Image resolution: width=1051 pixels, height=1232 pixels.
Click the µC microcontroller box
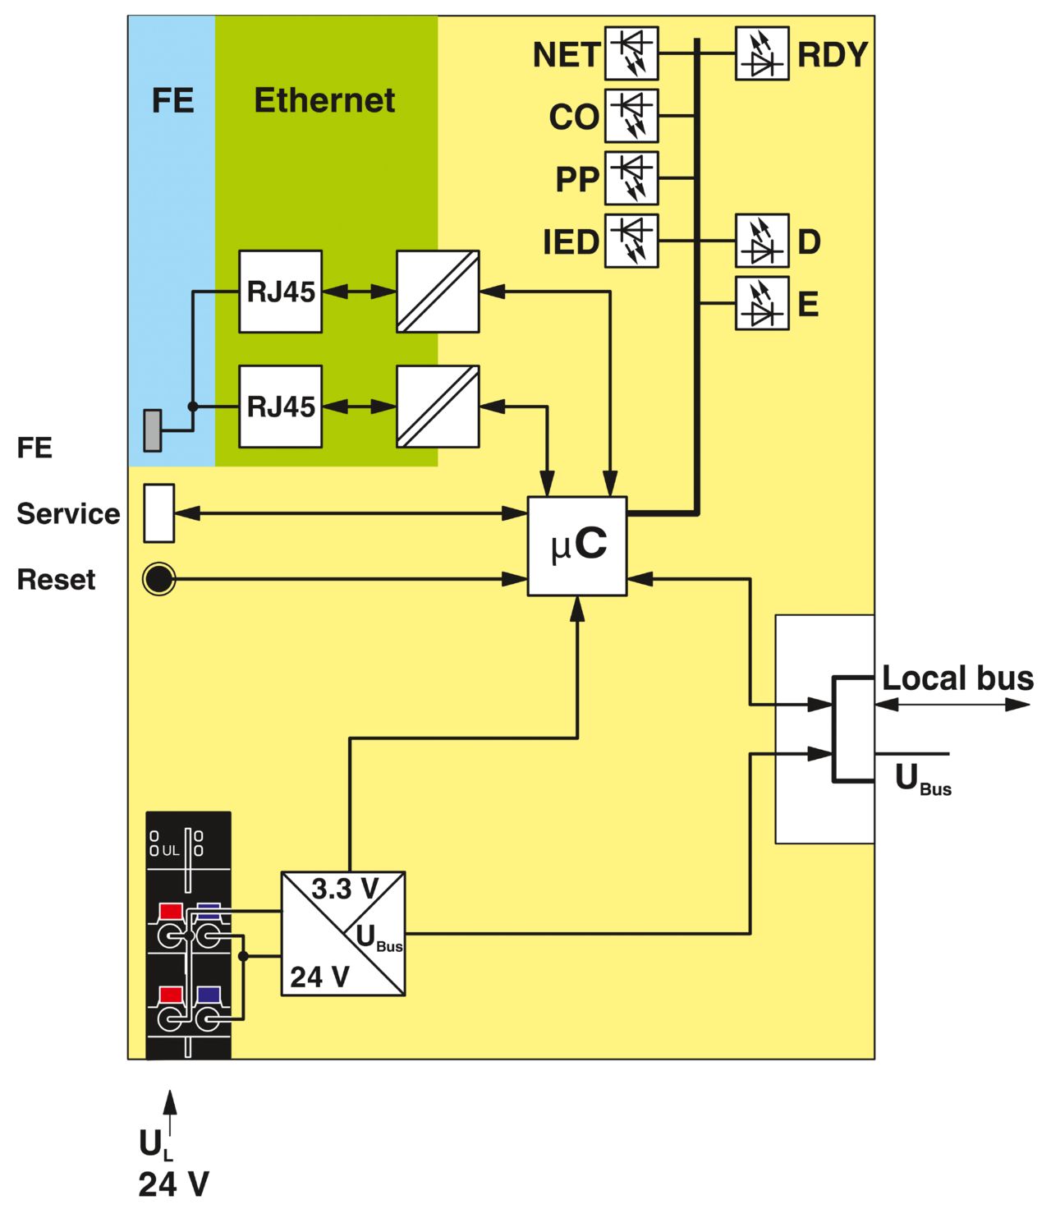(576, 546)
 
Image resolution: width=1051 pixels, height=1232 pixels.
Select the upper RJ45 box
(281, 292)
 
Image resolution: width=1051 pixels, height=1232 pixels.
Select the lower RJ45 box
(281, 407)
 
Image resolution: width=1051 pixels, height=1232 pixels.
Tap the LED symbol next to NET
(631, 53)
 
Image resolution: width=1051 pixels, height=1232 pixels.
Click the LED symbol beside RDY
(762, 53)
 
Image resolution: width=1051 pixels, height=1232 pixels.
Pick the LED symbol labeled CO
(631, 116)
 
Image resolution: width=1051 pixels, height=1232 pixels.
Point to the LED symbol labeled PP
(631, 178)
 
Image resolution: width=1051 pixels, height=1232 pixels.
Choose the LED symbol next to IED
(631, 241)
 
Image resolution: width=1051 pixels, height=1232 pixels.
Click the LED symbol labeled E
(762, 303)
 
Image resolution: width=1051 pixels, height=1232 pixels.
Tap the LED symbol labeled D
(762, 241)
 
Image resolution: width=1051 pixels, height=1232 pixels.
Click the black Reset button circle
(159, 579)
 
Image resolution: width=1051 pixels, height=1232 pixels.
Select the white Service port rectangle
(159, 513)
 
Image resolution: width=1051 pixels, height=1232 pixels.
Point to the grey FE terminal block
(153, 430)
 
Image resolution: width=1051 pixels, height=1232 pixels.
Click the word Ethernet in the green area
(324, 99)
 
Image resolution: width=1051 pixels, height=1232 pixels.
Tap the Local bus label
(957, 678)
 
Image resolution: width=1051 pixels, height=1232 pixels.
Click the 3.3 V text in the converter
(345, 889)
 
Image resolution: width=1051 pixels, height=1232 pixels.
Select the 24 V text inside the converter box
(319, 977)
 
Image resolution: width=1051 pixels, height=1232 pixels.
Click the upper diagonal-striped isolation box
(438, 292)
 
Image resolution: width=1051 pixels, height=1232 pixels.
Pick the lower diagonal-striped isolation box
(438, 407)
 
